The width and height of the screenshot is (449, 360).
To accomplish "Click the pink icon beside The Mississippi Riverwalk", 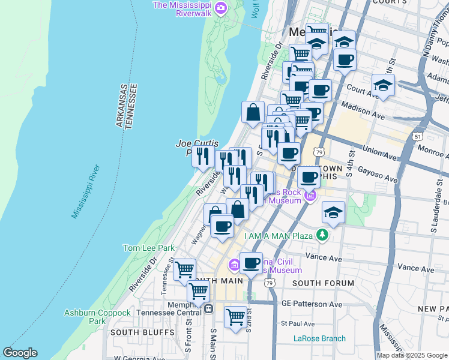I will click(221, 8).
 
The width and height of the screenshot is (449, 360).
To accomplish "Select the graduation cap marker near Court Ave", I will click(382, 85).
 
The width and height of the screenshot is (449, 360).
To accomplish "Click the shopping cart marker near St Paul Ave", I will click(236, 316).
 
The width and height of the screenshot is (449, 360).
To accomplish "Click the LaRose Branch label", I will click(319, 338).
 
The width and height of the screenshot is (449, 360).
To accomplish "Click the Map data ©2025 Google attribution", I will click(412, 355).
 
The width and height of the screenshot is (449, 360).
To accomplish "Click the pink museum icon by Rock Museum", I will click(310, 196).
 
